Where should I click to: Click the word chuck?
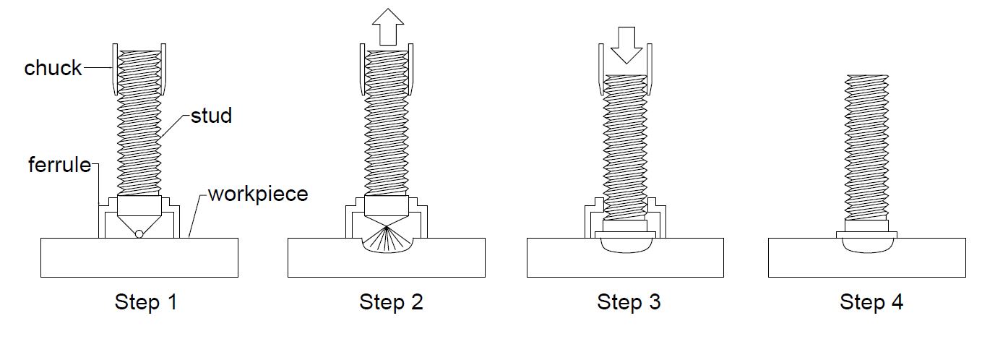[53, 68]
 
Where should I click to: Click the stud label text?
[211, 116]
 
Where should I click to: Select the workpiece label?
[258, 194]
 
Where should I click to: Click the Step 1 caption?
[145, 301]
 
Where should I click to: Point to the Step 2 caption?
[391, 301]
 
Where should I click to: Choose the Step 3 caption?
[629, 301]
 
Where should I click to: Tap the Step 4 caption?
[871, 301]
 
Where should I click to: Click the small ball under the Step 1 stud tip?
[139, 233]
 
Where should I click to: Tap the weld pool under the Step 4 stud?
[866, 245]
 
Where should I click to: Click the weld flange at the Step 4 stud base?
[866, 234]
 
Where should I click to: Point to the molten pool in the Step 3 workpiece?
[626, 245]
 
